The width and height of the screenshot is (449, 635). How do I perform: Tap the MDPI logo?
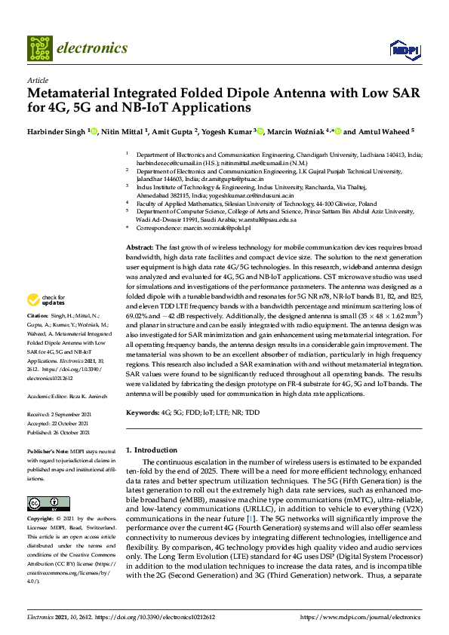[x=403, y=49]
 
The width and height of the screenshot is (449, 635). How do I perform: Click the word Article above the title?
[x=37, y=80]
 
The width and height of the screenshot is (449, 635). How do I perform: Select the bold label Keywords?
[x=143, y=413]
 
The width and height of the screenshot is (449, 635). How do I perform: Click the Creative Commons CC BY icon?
[x=44, y=504]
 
